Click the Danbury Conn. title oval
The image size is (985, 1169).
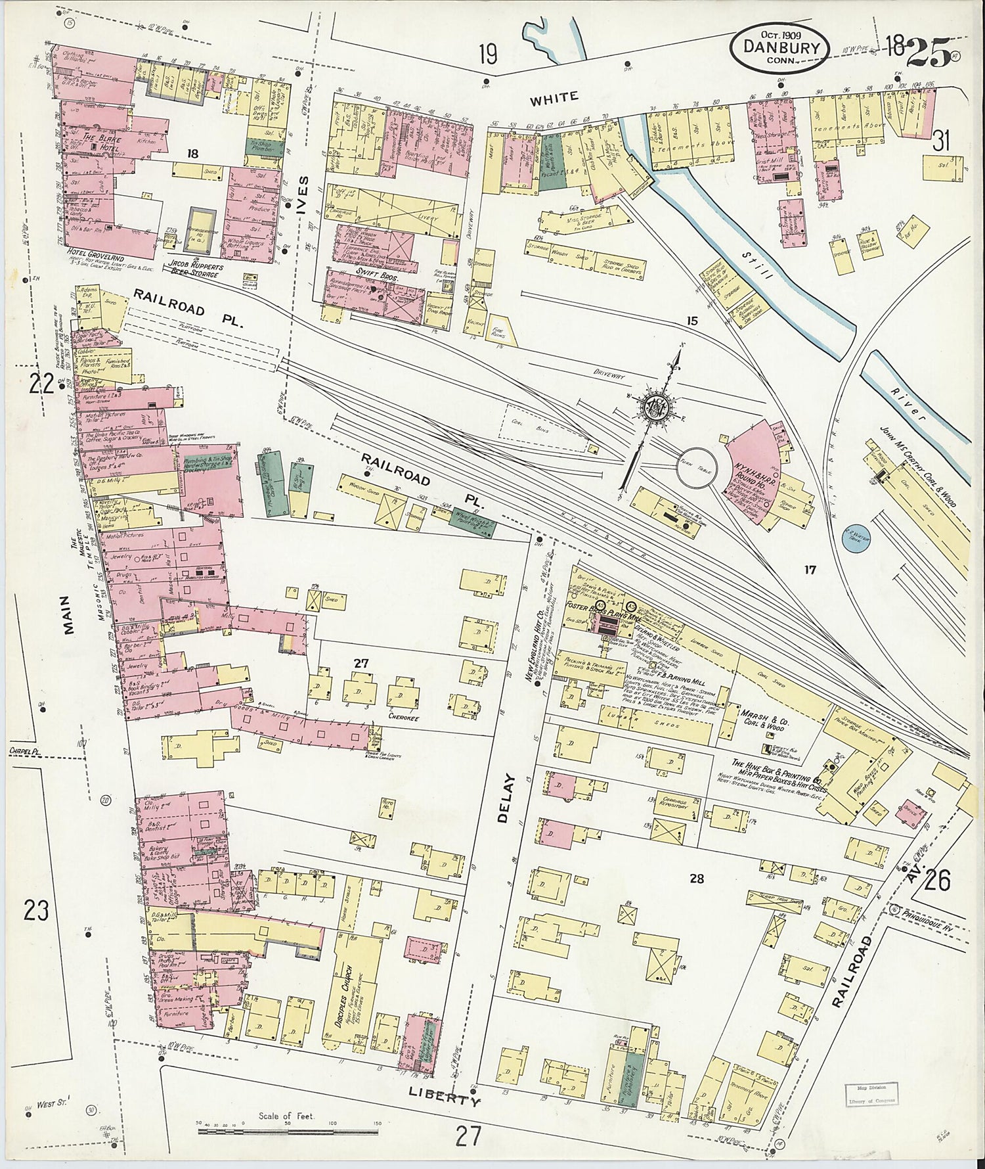click(781, 45)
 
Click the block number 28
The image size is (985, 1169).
click(697, 878)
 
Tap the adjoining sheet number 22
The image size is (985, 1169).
click(40, 382)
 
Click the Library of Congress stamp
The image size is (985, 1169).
click(870, 1094)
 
